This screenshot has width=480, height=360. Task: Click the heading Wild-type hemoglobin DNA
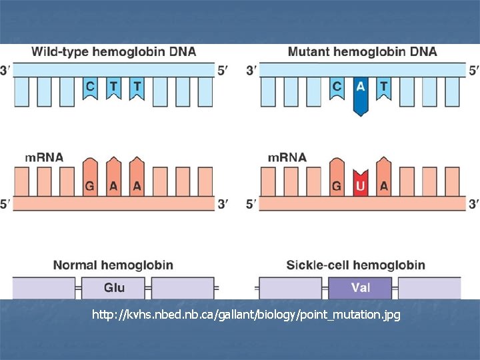coord(114,51)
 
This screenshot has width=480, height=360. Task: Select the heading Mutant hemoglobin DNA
coord(362,51)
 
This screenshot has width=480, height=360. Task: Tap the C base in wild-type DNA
coord(90,87)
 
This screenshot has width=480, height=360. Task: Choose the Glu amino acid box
coord(114,288)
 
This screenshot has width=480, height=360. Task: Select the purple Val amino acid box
coord(361,288)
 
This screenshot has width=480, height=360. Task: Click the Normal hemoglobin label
coord(113,265)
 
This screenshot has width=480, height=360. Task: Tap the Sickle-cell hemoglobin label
coord(355,265)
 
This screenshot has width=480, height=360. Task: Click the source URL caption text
coord(247,315)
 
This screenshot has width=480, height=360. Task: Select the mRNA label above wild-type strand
coord(44,158)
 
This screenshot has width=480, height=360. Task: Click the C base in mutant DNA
coord(337,87)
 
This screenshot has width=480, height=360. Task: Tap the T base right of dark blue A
coord(383,87)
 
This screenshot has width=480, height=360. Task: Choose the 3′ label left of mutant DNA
coord(251,69)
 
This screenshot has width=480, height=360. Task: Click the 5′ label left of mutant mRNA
coord(251,205)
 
